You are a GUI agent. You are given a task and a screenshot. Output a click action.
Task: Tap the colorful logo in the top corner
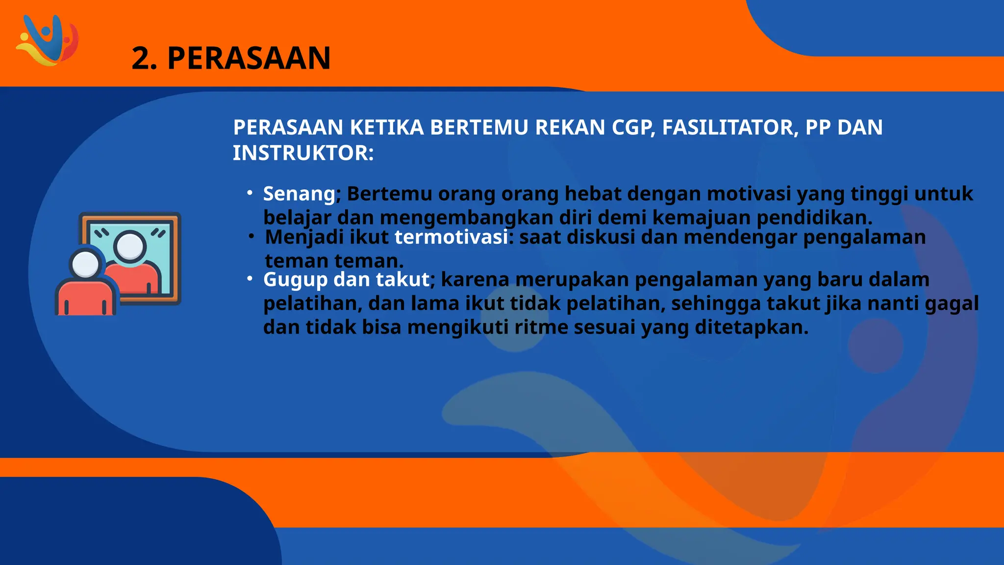pyautogui.click(x=47, y=40)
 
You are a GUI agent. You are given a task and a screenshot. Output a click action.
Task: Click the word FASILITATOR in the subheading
pyautogui.click(x=727, y=128)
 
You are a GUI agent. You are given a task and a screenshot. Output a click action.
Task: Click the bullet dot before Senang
pyautogui.click(x=250, y=193)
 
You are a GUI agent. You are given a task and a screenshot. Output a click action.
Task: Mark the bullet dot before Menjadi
pyautogui.click(x=251, y=236)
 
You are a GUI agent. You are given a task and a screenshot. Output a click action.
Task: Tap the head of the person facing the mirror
pyautogui.click(x=86, y=263)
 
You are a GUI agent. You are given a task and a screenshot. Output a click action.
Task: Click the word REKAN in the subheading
pyautogui.click(x=570, y=128)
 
